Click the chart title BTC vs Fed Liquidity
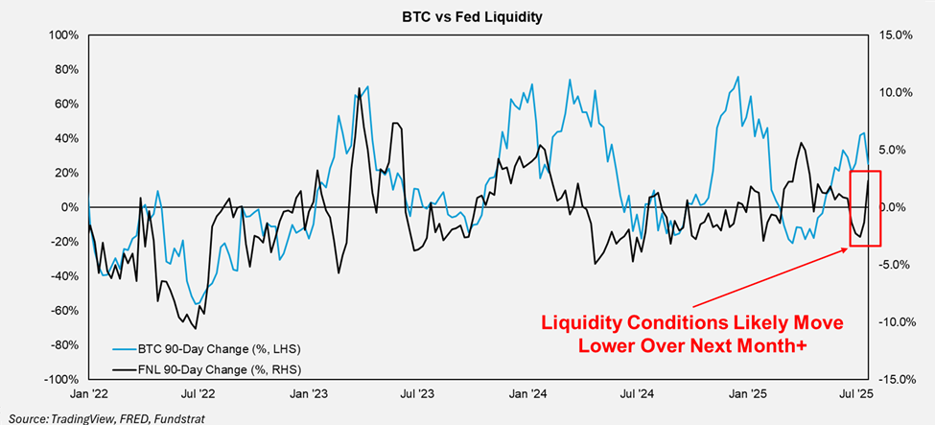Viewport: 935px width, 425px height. (467, 15)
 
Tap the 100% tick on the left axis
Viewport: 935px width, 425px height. (65, 35)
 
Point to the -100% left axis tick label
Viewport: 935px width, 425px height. (62, 380)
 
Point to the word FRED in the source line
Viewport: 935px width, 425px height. (129, 417)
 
